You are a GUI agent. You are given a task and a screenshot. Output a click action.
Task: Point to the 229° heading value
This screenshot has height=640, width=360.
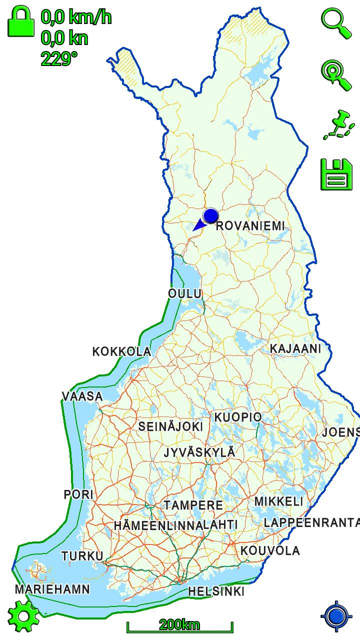(59, 59)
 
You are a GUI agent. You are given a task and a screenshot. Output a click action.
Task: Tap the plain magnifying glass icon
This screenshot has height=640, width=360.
(335, 23)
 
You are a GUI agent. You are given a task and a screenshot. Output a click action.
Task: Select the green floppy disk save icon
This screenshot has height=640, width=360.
(336, 174)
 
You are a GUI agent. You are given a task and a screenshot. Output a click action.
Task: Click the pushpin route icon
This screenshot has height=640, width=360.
(338, 125)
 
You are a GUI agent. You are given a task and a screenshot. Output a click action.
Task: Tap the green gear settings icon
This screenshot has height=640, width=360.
(23, 616)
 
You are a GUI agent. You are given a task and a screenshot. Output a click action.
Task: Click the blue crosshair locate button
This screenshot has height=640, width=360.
(337, 616)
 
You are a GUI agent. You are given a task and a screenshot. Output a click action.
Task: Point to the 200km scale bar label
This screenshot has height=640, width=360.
(179, 624)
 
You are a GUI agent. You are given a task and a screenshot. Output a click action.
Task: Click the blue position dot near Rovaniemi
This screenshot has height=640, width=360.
(211, 216)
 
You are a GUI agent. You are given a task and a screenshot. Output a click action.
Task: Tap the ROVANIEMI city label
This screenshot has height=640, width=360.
(250, 226)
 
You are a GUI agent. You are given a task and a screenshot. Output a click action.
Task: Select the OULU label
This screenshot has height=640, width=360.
(184, 293)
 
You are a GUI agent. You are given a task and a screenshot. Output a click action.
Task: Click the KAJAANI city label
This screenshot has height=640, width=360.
(295, 348)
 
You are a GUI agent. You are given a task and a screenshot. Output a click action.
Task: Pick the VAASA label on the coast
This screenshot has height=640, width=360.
(82, 396)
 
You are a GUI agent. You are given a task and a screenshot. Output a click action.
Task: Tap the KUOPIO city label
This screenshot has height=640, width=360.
(238, 417)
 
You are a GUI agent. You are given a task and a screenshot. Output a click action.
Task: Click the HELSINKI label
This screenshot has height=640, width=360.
(216, 591)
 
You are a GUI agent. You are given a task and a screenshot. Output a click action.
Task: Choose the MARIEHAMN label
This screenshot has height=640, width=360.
(52, 589)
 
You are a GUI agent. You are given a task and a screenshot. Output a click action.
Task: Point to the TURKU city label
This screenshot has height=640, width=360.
(82, 556)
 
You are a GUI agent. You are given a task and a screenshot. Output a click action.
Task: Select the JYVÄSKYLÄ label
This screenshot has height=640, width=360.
(199, 452)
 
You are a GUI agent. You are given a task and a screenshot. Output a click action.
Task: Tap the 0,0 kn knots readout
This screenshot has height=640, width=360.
(64, 38)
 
